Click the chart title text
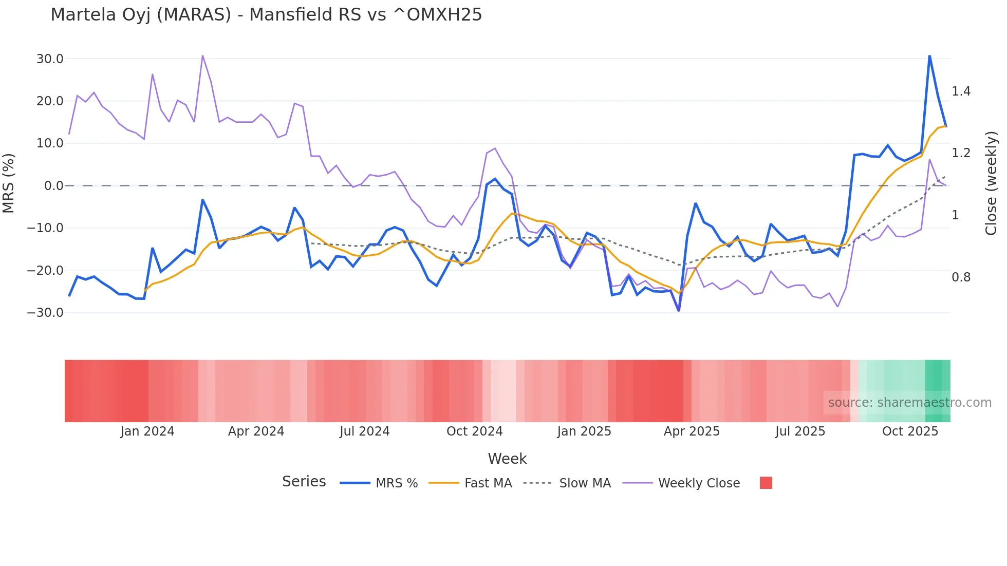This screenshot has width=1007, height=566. point(266,15)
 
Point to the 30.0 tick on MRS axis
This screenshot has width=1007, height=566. point(50,59)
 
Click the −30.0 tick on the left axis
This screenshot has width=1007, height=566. point(45,312)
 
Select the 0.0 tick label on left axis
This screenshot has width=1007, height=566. point(53,186)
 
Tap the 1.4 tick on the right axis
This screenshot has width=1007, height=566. point(961,91)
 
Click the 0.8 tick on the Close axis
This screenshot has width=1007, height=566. point(961,277)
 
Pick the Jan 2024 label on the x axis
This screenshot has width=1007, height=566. point(147,431)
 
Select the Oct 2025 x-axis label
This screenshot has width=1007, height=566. point(910,431)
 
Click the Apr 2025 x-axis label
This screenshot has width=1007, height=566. point(692,431)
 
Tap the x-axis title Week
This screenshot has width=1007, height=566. point(507,459)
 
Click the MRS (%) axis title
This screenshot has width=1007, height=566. point(9,183)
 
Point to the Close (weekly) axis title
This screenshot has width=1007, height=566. point(992,183)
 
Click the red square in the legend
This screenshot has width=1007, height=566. point(766,483)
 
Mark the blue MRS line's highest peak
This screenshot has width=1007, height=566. point(929,56)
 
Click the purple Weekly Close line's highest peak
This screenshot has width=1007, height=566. point(202,56)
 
